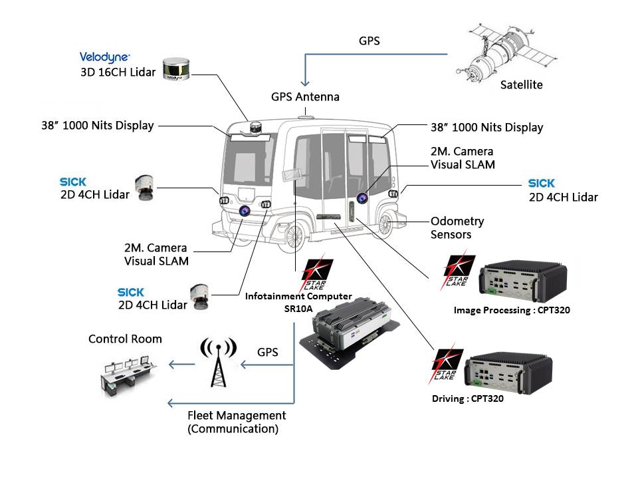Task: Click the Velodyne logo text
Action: click(104, 57)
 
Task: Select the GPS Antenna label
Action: click(305, 97)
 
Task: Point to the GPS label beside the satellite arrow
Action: click(369, 41)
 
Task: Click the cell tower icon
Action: click(217, 363)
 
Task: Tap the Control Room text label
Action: click(125, 339)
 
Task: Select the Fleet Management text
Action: click(237, 416)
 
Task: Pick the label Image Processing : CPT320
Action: click(512, 310)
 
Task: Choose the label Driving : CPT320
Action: click(467, 399)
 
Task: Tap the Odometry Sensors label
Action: click(457, 228)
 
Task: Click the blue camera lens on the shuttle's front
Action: click(245, 211)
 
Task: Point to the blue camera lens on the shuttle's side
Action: click(363, 198)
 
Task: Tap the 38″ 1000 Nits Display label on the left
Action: click(97, 125)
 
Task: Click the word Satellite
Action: click(521, 84)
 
